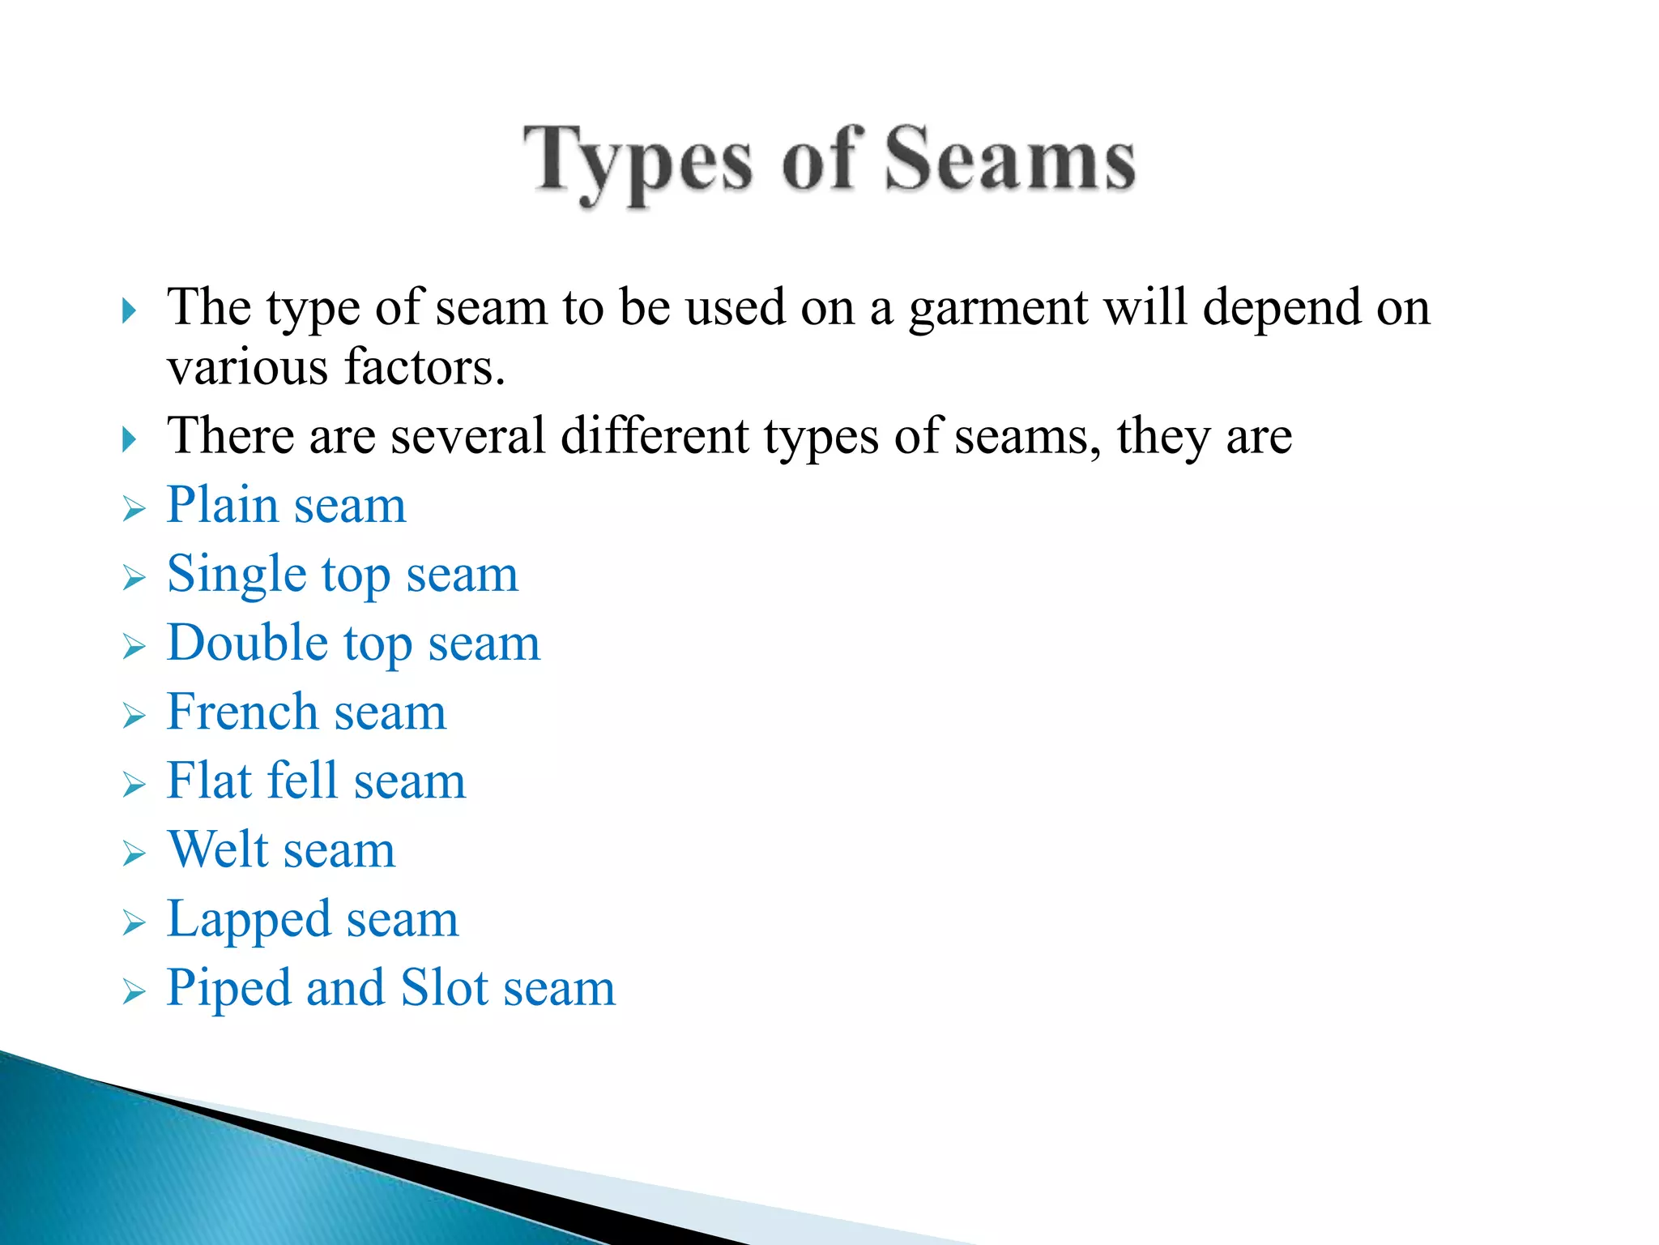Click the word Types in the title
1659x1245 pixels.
(637, 162)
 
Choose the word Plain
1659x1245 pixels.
(222, 505)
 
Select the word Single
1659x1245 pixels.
(237, 575)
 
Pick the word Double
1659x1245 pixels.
(247, 644)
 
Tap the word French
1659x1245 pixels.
(242, 712)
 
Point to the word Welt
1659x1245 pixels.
(218, 850)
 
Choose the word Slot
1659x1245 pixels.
(445, 988)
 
